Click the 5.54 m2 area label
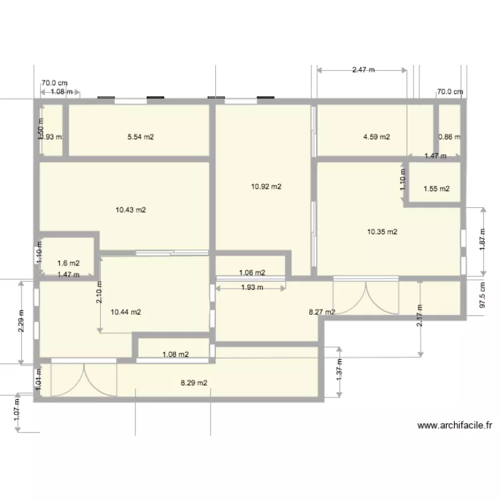point(141,137)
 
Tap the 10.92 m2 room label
point(266,187)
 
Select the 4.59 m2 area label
point(376,137)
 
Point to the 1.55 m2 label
point(436,189)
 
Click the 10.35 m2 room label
point(382,232)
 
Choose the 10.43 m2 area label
point(131,210)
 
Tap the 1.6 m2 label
point(69,263)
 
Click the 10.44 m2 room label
point(125,311)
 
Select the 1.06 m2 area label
point(251,272)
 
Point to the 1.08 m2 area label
point(175,355)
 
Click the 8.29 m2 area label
point(194,383)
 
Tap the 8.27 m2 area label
point(321,311)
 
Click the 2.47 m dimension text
point(363,69)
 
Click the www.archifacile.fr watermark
point(455,425)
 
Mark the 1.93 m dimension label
point(251,287)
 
